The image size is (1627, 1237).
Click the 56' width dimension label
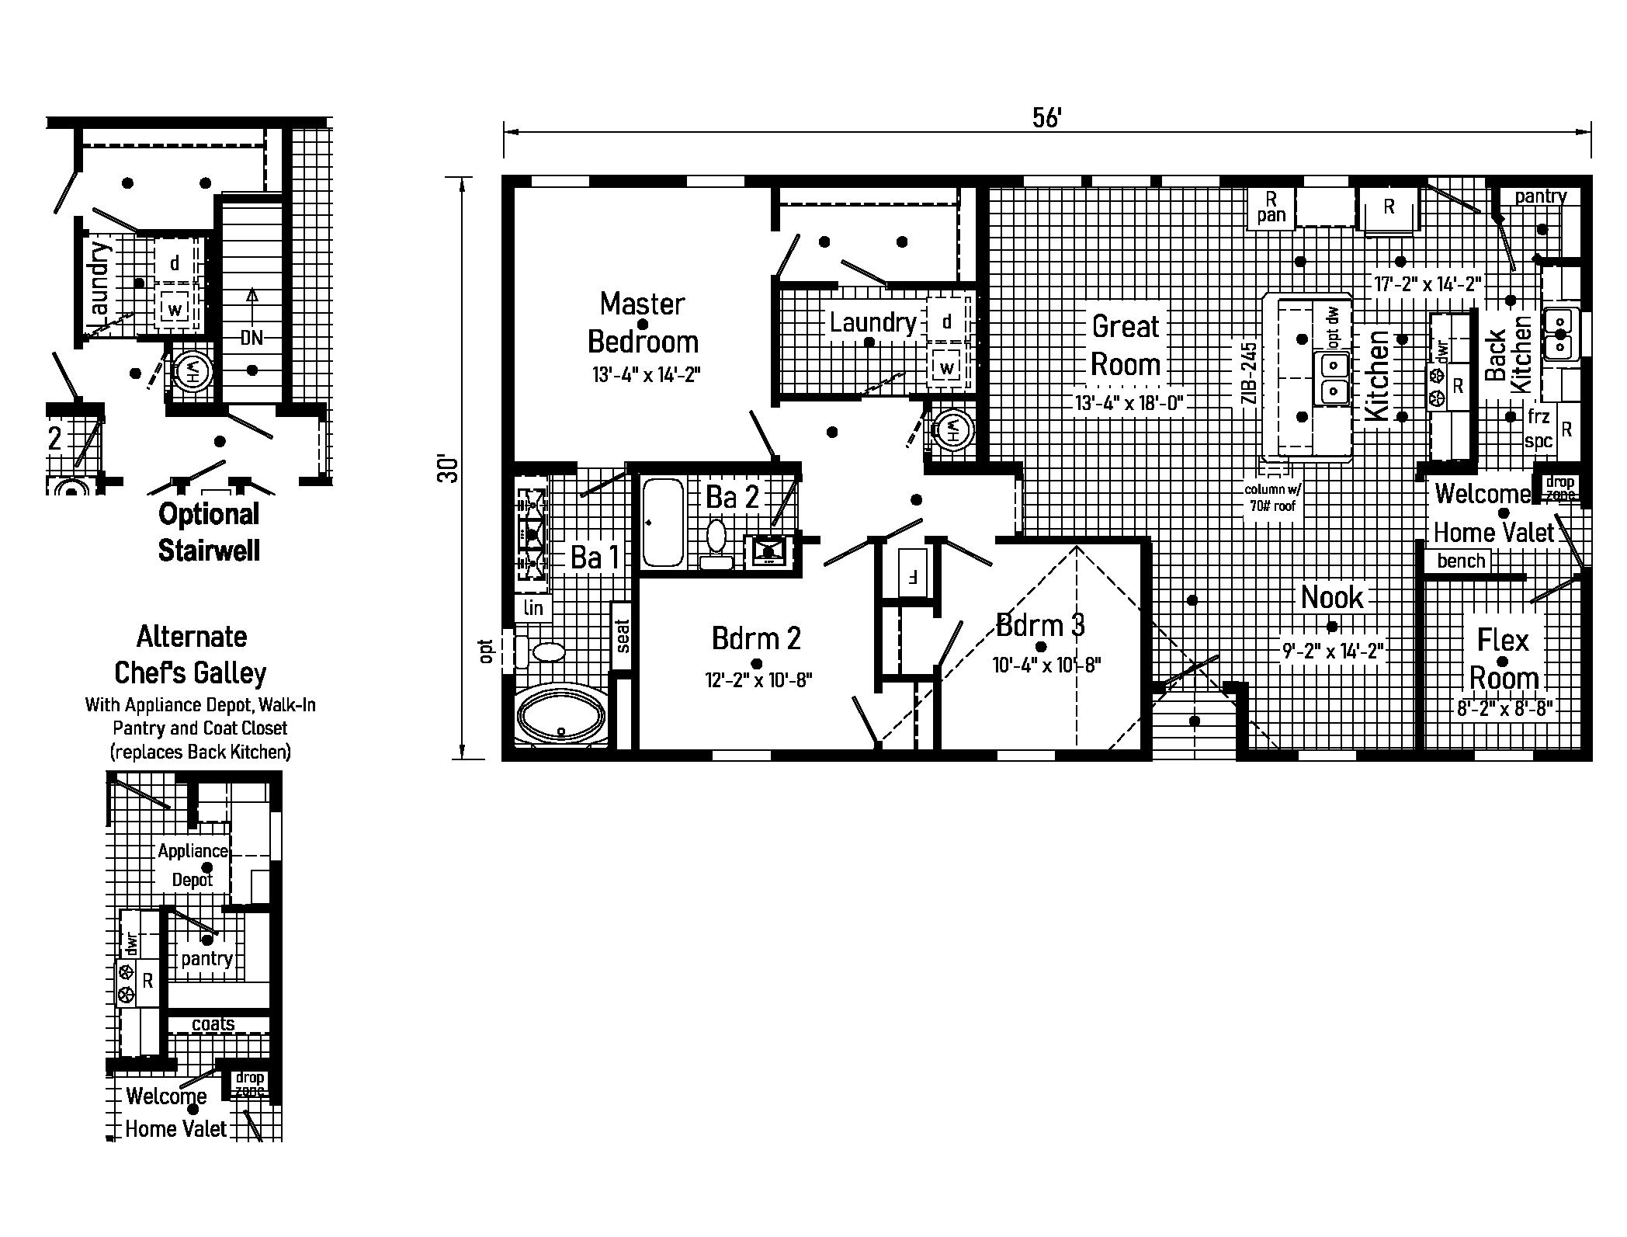point(1046,117)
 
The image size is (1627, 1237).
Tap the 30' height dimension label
point(449,468)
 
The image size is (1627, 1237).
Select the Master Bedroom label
point(643,322)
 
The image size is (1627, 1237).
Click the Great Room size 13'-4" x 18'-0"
point(1128,403)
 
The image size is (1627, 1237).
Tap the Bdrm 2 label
point(756,638)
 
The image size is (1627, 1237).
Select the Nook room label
point(1332,597)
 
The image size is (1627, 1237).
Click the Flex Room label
point(1504,658)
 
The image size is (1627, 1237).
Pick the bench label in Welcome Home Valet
point(1461,561)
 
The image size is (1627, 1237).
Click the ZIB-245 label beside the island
point(1248,373)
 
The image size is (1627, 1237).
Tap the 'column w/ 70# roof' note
point(1272,498)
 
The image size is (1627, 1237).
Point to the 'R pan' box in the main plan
point(1271,207)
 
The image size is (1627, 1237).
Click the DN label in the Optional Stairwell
point(252,337)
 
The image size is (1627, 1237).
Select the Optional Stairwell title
point(208,532)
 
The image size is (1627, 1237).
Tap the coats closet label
point(213,1023)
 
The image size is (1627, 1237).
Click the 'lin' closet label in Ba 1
point(533,607)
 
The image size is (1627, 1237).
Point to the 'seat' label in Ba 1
point(622,635)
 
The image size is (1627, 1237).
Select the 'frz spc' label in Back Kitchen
point(1538,429)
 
